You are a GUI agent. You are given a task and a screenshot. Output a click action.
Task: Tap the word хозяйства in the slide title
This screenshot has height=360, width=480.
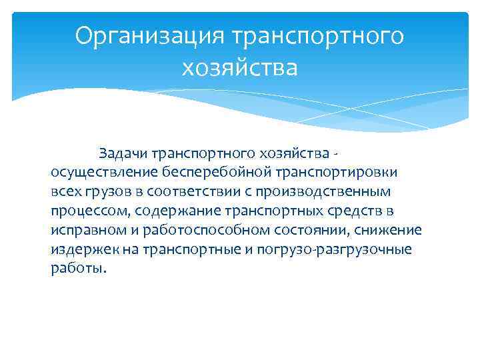pyautogui.click(x=239, y=67)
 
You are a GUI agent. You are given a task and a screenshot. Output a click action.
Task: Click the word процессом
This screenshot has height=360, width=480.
pyautogui.click(x=90, y=211)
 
